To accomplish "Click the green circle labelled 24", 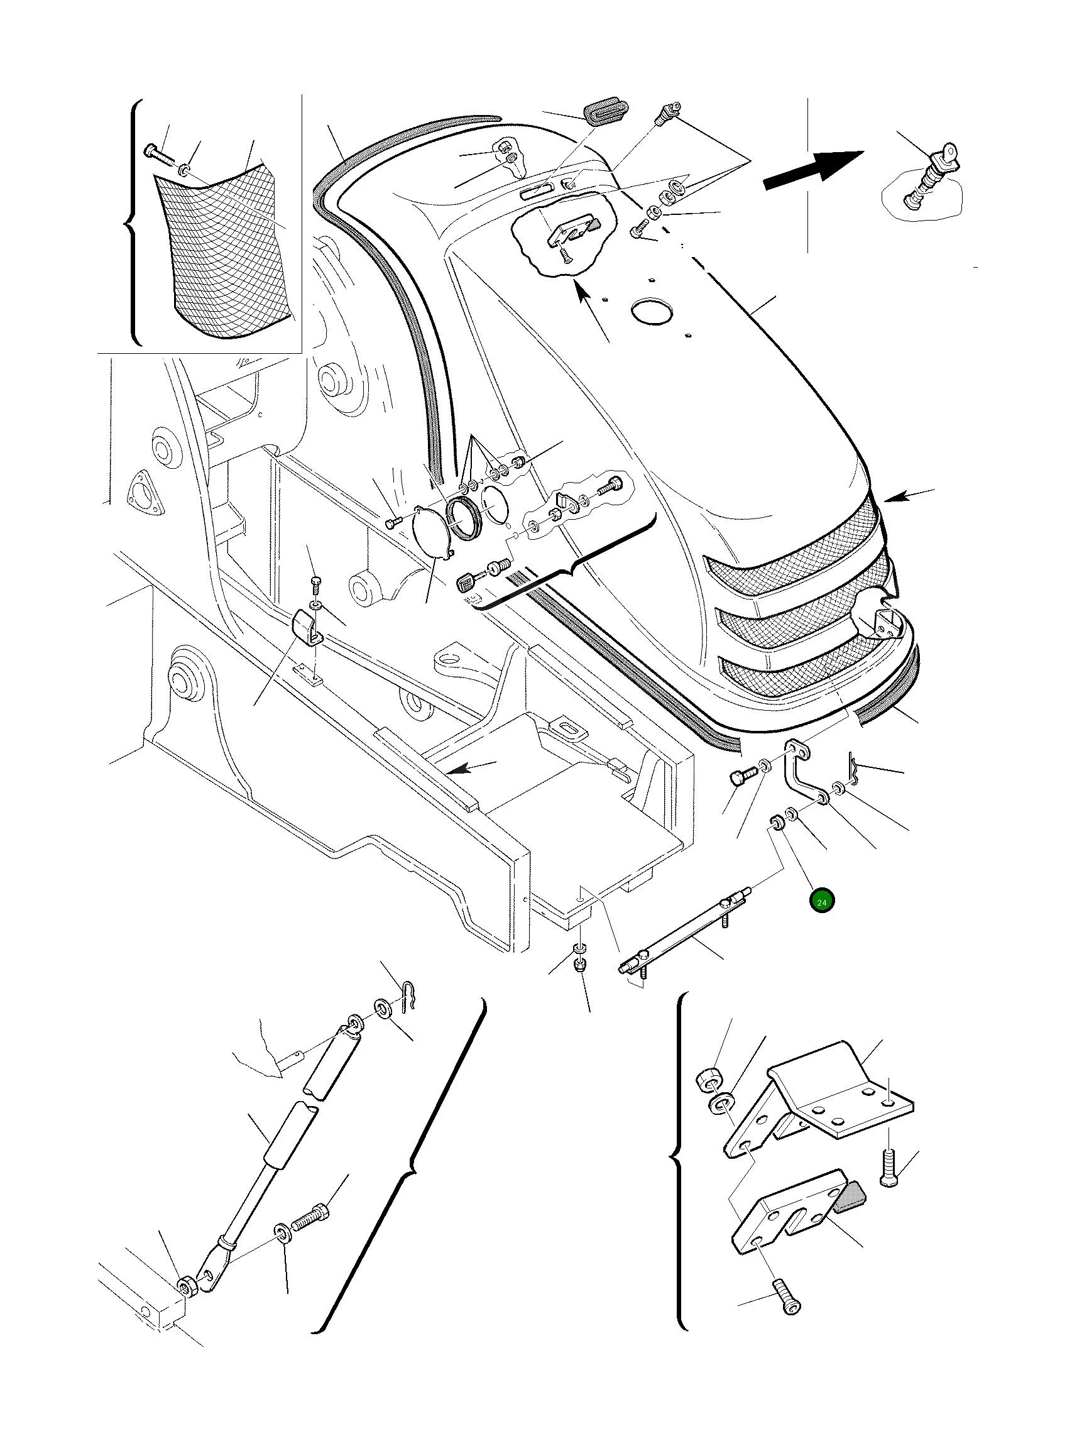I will click(821, 902).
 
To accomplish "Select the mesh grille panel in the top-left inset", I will click(224, 253).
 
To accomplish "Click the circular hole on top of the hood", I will click(651, 312).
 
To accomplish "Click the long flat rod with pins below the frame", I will click(681, 935).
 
